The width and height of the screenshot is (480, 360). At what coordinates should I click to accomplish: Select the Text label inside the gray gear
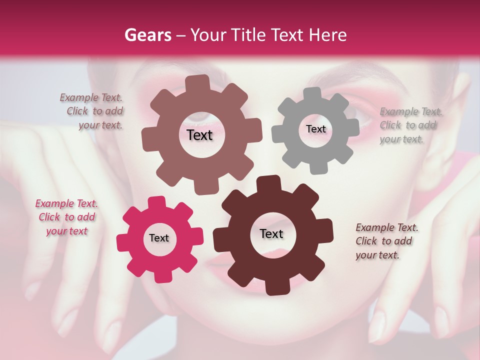(x=315, y=129)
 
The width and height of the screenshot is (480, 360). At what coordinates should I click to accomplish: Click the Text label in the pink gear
(x=159, y=238)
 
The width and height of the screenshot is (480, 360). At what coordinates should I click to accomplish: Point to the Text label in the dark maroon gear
(x=271, y=234)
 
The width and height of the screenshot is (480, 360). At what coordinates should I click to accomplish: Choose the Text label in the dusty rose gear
(x=199, y=135)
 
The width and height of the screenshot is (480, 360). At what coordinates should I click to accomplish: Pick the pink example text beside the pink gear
(x=66, y=217)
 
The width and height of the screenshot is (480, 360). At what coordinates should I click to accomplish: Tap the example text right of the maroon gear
(x=385, y=241)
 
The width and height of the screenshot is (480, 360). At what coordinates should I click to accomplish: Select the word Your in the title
(x=207, y=35)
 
